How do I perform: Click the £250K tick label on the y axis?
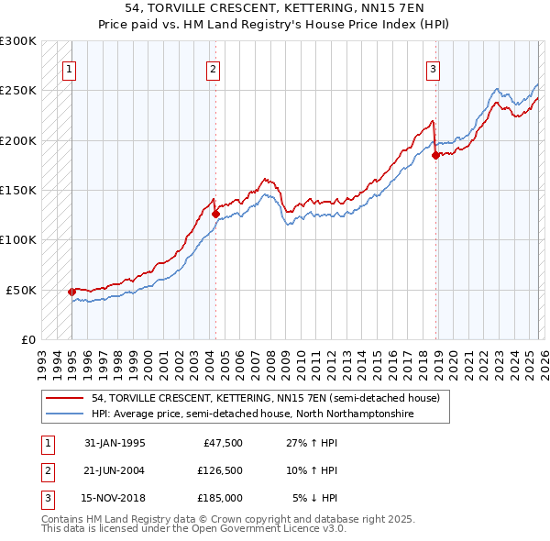pyautogui.click(x=17, y=91)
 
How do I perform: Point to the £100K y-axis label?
pyautogui.click(x=17, y=239)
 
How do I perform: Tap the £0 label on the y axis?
pyautogui.click(x=27, y=339)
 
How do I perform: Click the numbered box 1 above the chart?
pyautogui.click(x=71, y=68)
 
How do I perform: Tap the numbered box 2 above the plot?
pyautogui.click(x=213, y=68)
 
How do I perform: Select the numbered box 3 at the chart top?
pyautogui.click(x=433, y=68)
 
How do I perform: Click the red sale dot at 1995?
pyautogui.click(x=72, y=292)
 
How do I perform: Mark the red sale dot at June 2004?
pyautogui.click(x=215, y=214)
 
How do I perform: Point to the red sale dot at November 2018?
pyautogui.click(x=435, y=155)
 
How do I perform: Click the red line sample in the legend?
pyautogui.click(x=66, y=399)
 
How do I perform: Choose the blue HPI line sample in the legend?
pyautogui.click(x=66, y=414)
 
